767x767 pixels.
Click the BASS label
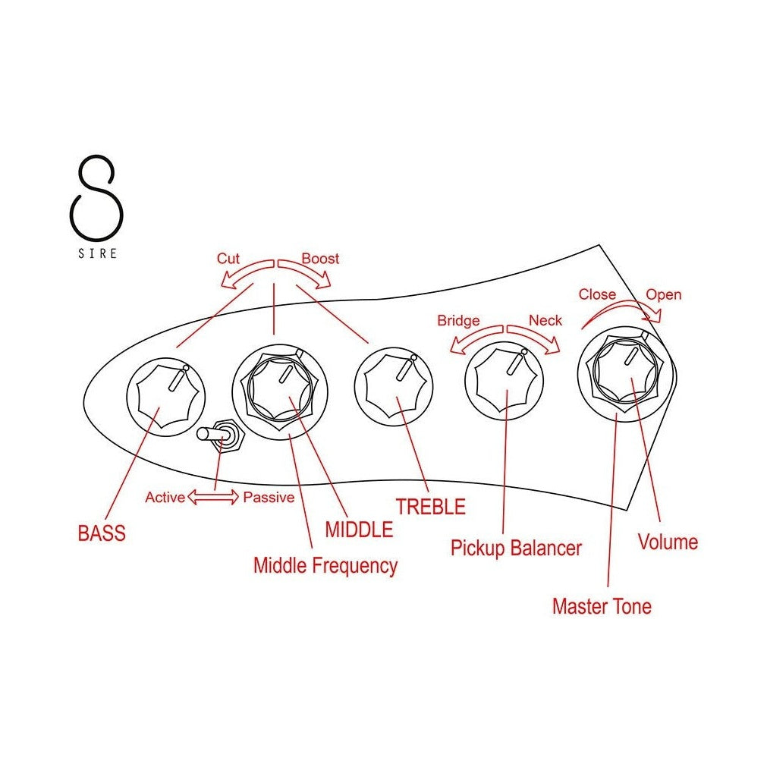coord(102,533)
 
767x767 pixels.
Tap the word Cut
coord(228,259)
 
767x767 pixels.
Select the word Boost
coord(320,259)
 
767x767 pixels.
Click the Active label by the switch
coord(165,498)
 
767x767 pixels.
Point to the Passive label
coord(269,498)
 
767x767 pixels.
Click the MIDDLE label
coord(359,529)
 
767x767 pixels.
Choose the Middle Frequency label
coord(325,565)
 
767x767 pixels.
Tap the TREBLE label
coord(430,507)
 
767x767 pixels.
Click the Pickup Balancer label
coord(516,548)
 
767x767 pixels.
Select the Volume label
coord(668,542)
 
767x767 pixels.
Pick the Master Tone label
coord(602,606)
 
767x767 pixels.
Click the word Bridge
coord(458,320)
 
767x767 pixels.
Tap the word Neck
coord(545,320)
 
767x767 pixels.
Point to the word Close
coord(597,294)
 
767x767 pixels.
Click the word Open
coord(663,294)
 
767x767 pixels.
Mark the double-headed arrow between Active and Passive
coord(213,498)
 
